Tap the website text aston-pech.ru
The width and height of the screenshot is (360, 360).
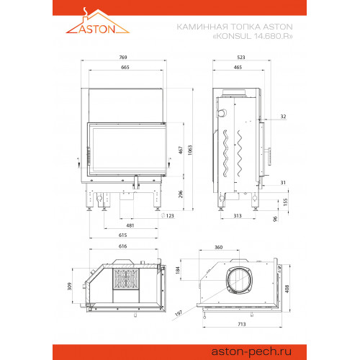251,351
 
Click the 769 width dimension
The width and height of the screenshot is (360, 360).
123,58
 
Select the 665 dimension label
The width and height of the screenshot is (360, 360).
125,68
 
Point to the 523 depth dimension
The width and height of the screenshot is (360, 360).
241,58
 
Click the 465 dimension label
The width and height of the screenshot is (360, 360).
238,68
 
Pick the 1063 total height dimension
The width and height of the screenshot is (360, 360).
190,150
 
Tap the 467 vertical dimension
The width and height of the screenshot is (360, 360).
181,150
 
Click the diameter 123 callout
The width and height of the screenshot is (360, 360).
168,215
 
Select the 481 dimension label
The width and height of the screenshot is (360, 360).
130,225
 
